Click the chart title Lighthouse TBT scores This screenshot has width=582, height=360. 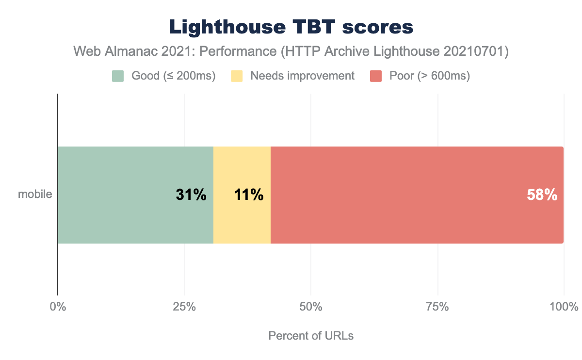coord(291,27)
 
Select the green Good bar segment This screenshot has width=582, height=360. coord(121,195)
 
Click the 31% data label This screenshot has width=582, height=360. coord(191,195)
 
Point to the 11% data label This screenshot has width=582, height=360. coord(249,195)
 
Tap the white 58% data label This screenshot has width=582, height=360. coord(542,195)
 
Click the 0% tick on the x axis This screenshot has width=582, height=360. coord(58,307)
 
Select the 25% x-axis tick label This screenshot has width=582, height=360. coord(184,307)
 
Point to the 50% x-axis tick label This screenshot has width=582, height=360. coord(311,307)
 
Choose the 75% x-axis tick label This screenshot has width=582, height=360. coord(438,307)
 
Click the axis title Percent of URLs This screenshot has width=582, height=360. coord(311,336)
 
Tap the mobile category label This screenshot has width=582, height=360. coord(35,195)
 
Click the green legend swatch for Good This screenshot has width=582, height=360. coord(118,76)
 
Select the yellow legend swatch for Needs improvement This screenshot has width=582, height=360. coord(237,76)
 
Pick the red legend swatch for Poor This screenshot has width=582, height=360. coord(376,76)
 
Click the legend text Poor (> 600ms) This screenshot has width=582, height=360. coord(430,76)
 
